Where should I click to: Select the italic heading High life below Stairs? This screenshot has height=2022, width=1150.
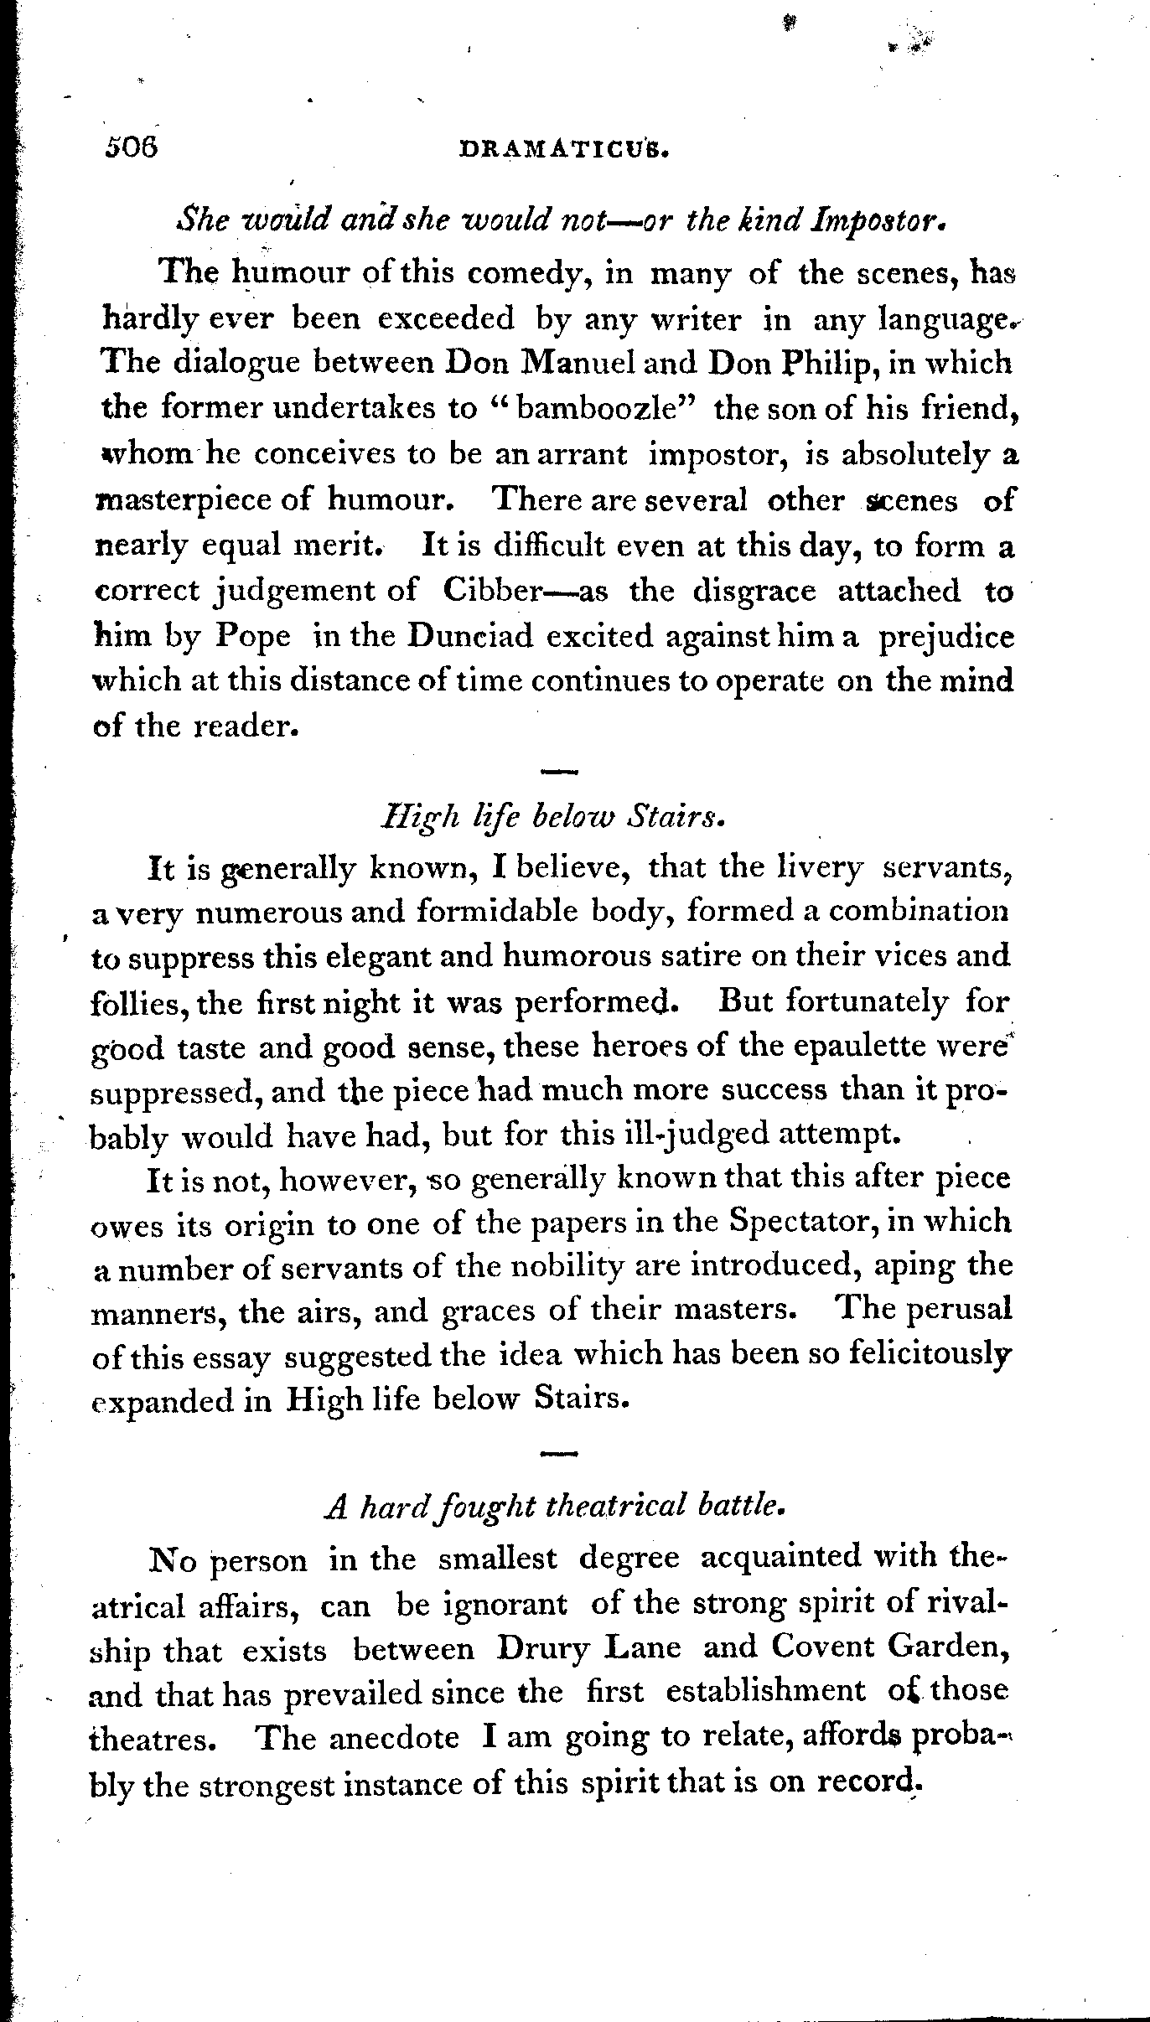coord(552,818)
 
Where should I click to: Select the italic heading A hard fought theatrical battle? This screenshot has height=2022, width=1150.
coord(554,1507)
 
